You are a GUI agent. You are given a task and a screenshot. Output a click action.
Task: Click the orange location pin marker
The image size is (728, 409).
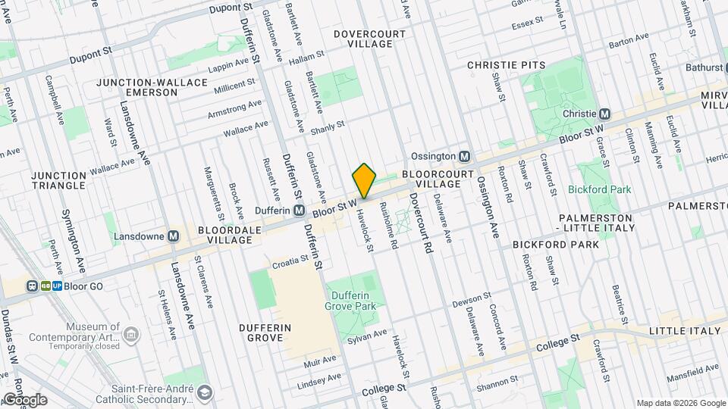tap(364, 181)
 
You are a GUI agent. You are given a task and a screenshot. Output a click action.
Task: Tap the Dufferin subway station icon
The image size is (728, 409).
tap(300, 210)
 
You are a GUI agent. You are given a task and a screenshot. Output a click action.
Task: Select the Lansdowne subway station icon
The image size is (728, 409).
tap(174, 236)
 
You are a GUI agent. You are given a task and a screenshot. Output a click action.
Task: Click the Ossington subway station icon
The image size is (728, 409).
tap(465, 156)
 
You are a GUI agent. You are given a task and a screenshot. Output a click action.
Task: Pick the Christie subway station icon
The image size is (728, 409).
tap(604, 114)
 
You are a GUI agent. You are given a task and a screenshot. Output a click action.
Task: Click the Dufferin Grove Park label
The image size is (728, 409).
tap(350, 301)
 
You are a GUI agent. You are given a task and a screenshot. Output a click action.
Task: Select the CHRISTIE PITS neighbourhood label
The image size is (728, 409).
tap(506, 65)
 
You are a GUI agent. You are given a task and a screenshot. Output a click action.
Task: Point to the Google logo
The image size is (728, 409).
tap(25, 400)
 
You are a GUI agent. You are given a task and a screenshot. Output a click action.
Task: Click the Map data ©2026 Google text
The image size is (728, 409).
tap(680, 403)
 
